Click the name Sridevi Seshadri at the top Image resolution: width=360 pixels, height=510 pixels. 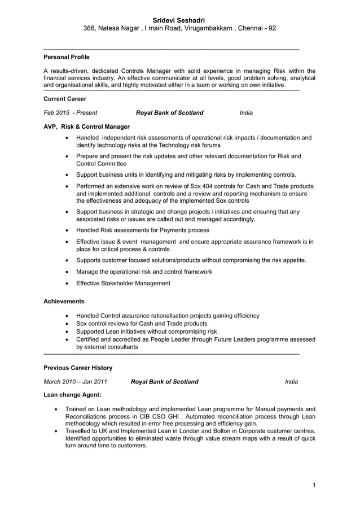coord(179,19)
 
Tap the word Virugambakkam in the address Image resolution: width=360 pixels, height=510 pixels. coord(207,28)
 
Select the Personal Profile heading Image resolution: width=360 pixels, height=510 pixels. coord(67,57)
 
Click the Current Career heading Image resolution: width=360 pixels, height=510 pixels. coord(65,99)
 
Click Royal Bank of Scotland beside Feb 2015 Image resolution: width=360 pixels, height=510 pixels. coord(169,113)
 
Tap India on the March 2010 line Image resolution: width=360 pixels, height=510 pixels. coord(291,382)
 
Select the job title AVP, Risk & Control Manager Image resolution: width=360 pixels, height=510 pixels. coord(86,127)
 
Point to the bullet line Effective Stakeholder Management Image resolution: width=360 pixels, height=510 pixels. coord(123,284)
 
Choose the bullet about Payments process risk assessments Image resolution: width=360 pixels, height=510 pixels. coord(142,230)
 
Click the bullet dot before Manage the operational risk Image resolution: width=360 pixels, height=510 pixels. coord(68,272)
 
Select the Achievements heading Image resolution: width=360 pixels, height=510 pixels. coord(64,302)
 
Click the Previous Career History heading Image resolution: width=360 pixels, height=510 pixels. coord(78,368)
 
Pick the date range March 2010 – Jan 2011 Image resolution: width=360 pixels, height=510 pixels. coord(76,382)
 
